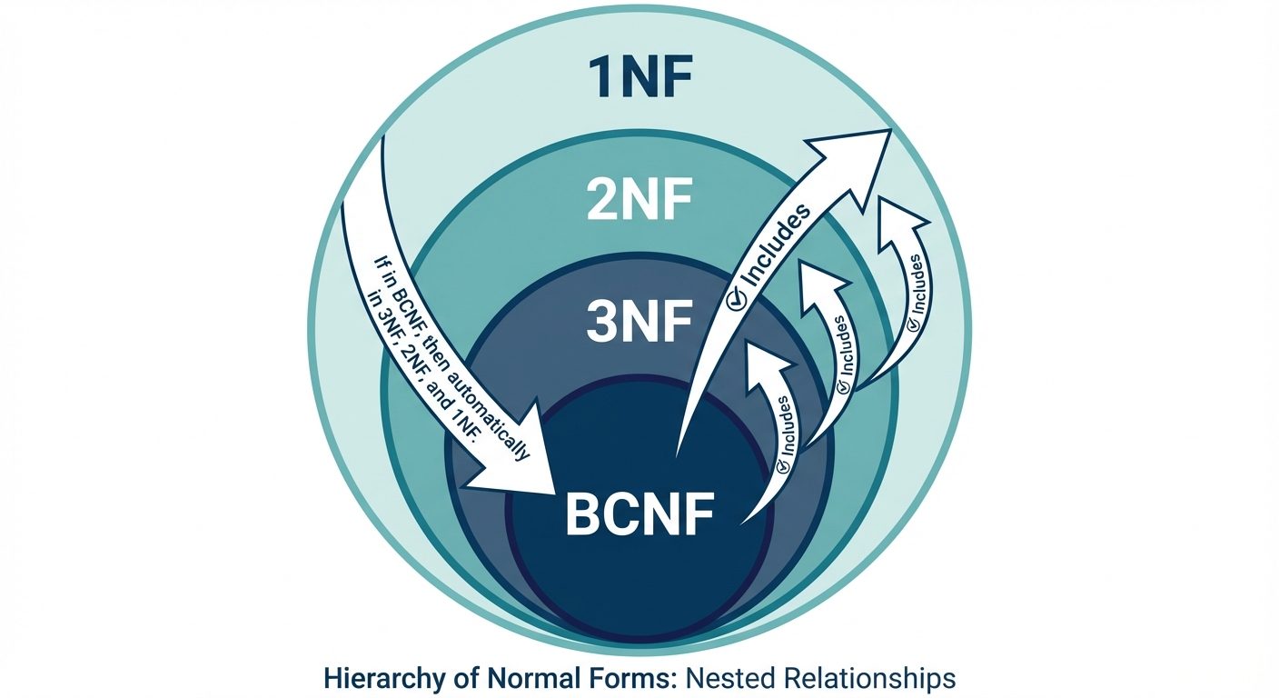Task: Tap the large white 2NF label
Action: tap(639, 202)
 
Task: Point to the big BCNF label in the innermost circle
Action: tap(639, 514)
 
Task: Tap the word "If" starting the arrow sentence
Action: tap(382, 264)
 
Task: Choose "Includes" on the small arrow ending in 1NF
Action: tap(918, 284)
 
